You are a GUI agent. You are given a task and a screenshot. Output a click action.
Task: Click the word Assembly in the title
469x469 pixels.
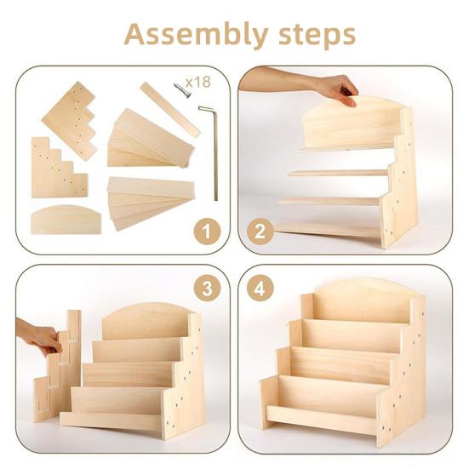coord(196,35)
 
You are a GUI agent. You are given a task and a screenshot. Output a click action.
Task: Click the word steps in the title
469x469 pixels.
coord(317,36)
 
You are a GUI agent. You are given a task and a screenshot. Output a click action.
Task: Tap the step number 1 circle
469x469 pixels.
coord(207,232)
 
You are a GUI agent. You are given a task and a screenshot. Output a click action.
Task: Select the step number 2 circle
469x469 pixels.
coord(260,232)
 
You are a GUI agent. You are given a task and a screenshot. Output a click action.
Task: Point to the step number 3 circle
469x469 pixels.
coord(207,289)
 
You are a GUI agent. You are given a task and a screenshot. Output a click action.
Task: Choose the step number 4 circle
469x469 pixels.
coord(260,289)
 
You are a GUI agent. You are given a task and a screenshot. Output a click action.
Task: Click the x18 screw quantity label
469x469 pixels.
coord(198,82)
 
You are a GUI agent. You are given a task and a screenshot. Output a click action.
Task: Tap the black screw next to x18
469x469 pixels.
coord(182,90)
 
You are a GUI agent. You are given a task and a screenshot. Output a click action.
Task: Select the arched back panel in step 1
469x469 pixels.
coord(66,220)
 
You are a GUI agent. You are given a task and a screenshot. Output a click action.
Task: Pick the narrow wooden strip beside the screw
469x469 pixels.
coord(170,110)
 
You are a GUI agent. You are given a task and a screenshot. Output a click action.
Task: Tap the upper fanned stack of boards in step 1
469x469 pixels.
coord(151,139)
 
